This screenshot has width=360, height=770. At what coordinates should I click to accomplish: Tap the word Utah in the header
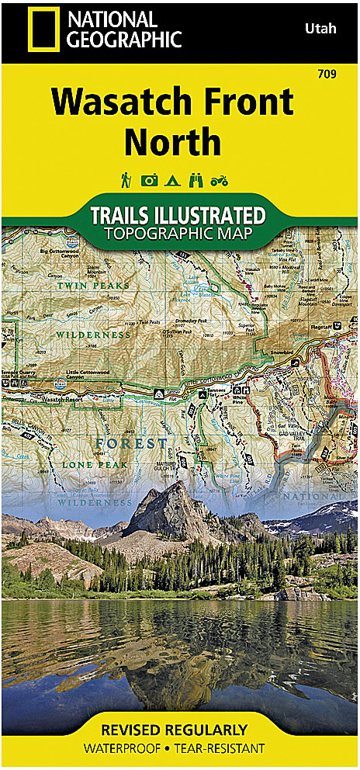click(x=316, y=28)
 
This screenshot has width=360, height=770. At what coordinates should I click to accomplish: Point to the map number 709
click(x=326, y=75)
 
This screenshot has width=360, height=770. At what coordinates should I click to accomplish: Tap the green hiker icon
click(x=125, y=180)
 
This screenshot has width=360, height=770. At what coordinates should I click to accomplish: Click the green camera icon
click(x=149, y=181)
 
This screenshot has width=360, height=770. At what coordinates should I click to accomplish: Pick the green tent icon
click(x=173, y=181)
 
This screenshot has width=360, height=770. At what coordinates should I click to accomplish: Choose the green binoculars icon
click(x=196, y=181)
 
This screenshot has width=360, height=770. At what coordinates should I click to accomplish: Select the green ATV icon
click(x=220, y=181)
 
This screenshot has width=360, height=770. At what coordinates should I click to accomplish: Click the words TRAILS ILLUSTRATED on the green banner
click(x=178, y=215)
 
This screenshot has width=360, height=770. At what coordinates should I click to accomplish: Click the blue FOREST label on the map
click(x=130, y=444)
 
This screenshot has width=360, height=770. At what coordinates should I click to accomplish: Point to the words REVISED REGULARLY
click(x=180, y=730)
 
